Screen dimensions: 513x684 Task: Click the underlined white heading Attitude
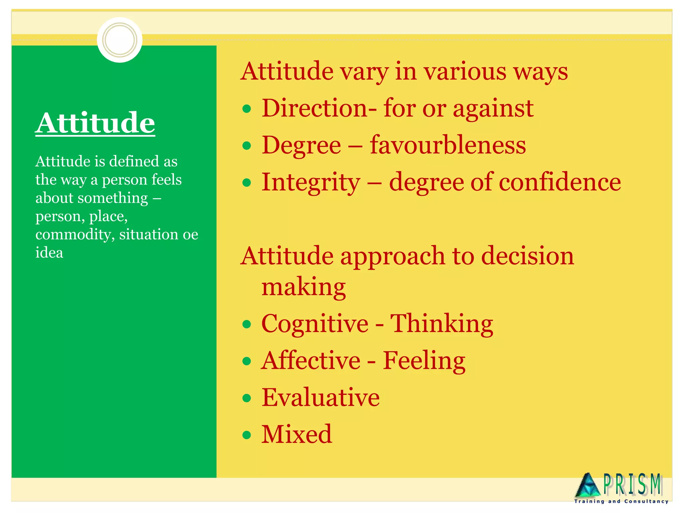[95, 123]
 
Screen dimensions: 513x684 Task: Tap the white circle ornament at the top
[120, 40]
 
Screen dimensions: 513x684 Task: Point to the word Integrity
[311, 182]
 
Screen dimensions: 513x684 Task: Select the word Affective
[311, 360]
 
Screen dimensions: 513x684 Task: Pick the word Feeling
[424, 361]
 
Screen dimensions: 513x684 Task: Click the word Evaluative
[320, 397]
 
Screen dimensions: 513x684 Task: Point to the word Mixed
[297, 434]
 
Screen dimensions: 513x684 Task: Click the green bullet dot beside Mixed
[247, 435]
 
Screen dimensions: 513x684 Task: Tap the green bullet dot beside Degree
[247, 146]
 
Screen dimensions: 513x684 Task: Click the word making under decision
[303, 287]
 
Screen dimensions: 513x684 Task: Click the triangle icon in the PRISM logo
[588, 485]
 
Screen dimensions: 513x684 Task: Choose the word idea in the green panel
[49, 253]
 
